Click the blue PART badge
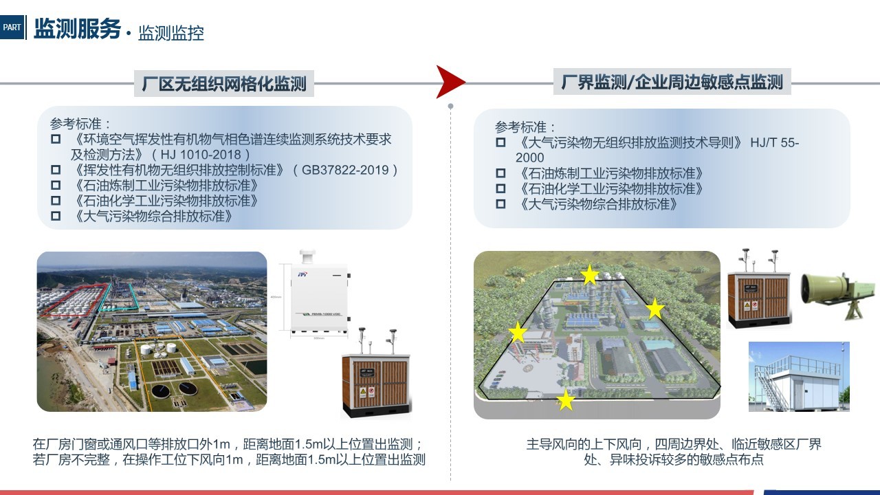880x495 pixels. (x=12, y=27)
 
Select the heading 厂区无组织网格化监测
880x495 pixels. (x=224, y=84)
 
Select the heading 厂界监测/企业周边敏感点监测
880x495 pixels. (x=672, y=82)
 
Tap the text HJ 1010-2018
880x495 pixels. (x=201, y=155)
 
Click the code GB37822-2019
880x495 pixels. (x=345, y=170)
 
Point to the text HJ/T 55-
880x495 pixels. (x=774, y=142)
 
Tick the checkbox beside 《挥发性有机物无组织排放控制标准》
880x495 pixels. (x=56, y=170)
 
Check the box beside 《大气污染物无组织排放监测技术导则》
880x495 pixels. (x=500, y=142)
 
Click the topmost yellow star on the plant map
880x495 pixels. (x=590, y=274)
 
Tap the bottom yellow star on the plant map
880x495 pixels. (x=566, y=400)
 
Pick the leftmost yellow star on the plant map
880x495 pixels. (x=518, y=332)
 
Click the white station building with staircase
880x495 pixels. (x=799, y=377)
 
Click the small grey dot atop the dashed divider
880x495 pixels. (x=450, y=106)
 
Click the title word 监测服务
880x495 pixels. (x=77, y=28)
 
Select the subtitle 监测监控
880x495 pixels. (x=171, y=33)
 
